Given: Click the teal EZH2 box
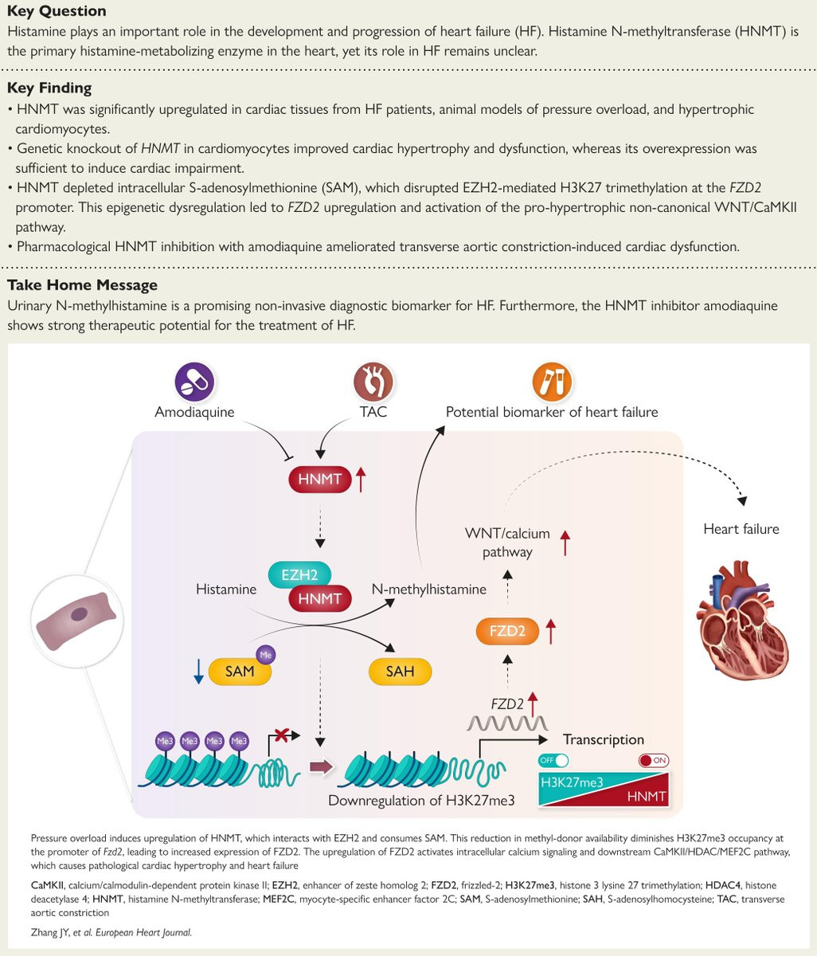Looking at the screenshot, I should click(x=299, y=574).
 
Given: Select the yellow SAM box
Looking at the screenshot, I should click(x=239, y=671).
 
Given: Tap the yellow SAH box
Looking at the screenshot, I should click(x=400, y=671).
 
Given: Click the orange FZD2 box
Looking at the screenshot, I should click(x=506, y=633).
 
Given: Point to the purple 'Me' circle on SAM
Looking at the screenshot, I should click(x=266, y=654).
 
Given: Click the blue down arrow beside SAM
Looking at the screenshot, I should click(x=197, y=672).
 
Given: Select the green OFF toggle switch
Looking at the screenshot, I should click(x=553, y=760).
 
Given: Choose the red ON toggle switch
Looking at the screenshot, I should click(x=654, y=760).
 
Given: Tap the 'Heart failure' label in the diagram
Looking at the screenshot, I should click(x=741, y=529).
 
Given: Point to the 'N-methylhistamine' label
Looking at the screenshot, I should click(x=428, y=590).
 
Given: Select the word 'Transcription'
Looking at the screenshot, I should click(x=603, y=739).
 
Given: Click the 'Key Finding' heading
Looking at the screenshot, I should click(x=49, y=88).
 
